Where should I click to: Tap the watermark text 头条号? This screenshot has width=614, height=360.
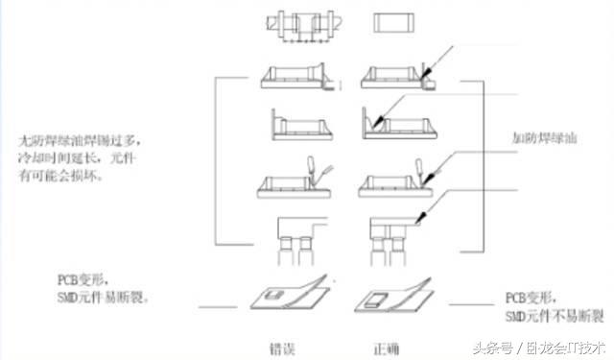[x=493, y=346]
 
